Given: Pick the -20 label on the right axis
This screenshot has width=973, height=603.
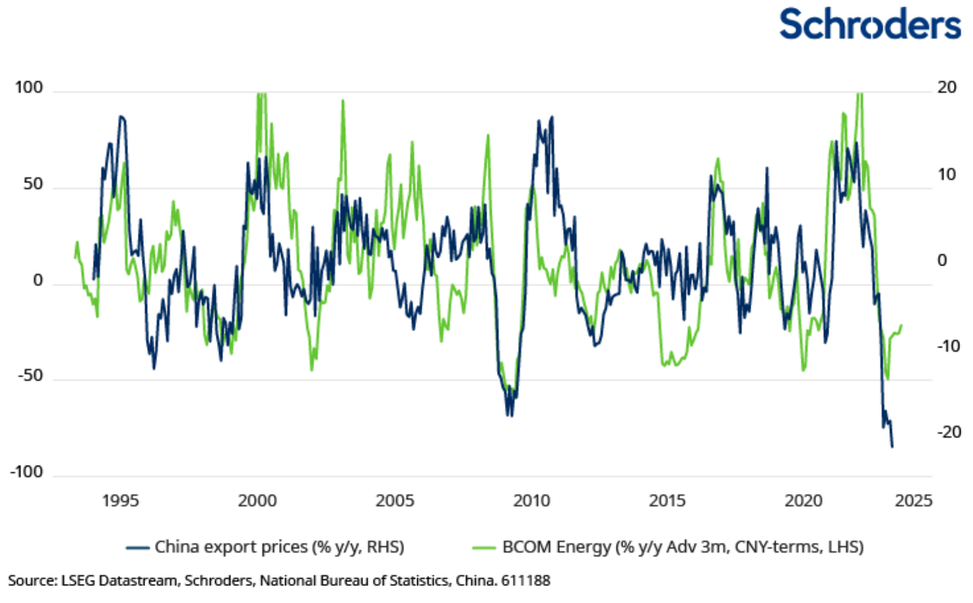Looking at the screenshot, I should pyautogui.click(x=947, y=432).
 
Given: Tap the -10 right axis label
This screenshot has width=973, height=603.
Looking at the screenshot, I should pyautogui.click(x=947, y=346).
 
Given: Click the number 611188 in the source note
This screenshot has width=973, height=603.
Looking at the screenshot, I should pyautogui.click(x=527, y=581).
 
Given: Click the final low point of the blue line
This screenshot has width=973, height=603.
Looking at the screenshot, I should pyautogui.click(x=892, y=446).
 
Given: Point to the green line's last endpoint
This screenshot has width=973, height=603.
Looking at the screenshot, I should pyautogui.click(x=902, y=325).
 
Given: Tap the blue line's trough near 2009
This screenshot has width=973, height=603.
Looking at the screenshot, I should pyautogui.click(x=510, y=414).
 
